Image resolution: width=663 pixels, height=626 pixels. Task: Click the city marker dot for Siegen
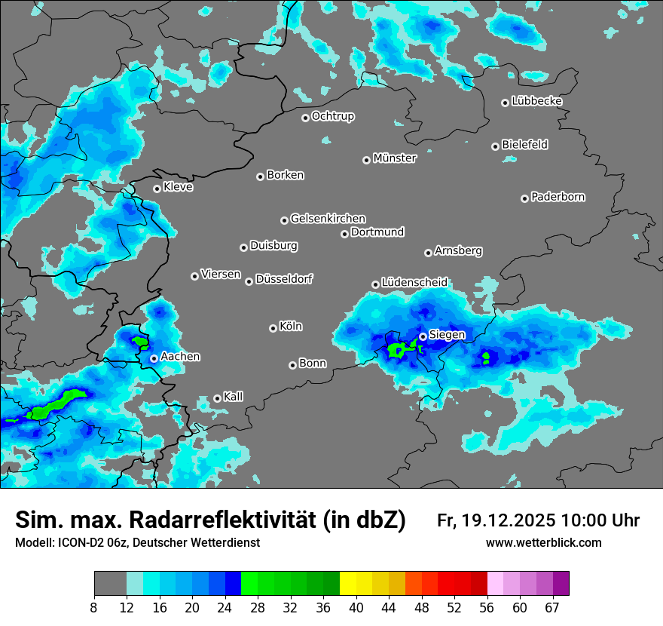coord(423,336)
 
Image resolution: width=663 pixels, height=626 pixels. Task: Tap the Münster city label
coord(395,158)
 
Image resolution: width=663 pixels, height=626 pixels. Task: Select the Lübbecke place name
coord(536,101)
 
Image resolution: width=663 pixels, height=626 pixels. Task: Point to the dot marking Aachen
coord(154,358)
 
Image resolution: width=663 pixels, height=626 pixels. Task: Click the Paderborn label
coord(558,197)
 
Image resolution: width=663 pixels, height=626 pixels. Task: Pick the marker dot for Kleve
coord(157,189)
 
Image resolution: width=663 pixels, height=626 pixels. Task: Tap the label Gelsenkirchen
coord(328,219)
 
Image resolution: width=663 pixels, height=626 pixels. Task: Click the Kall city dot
coord(217,398)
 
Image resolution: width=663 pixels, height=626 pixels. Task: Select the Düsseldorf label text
coord(284,279)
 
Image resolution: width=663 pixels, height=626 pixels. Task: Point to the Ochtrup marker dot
coord(305,118)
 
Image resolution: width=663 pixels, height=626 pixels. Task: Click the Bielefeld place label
coord(524,144)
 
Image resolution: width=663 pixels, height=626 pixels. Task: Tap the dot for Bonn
coord(292,365)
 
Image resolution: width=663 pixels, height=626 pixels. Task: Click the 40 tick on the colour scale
coord(356,608)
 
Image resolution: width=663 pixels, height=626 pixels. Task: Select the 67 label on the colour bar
coord(552,608)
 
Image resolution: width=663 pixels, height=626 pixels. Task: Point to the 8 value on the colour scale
coord(94,608)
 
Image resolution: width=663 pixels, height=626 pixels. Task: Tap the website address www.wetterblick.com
coord(544,543)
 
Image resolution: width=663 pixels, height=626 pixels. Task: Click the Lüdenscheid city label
coord(414,282)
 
